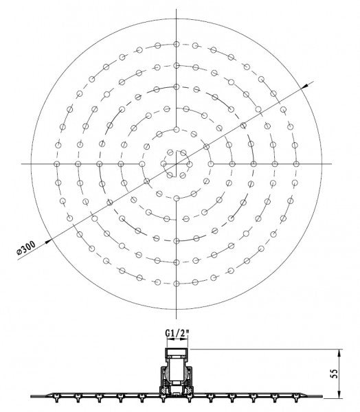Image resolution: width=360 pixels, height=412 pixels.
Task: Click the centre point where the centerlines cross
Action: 177,163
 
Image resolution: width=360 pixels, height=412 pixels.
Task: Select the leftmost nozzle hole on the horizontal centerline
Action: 58,163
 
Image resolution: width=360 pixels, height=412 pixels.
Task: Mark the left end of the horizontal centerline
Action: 22,163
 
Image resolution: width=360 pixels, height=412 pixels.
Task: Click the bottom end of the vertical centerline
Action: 177,318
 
